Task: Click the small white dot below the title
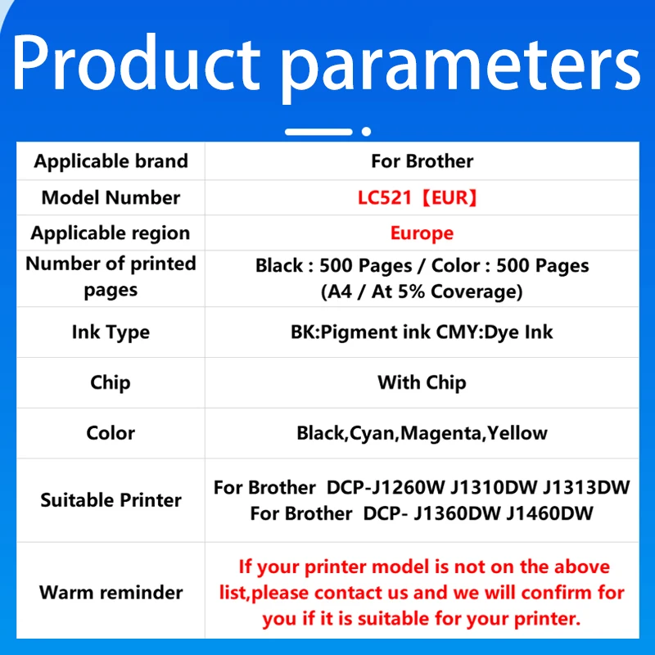(x=367, y=131)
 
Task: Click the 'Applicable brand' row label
(x=111, y=161)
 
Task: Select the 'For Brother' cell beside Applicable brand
(x=422, y=161)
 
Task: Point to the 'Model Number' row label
(x=111, y=197)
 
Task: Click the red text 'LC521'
(x=393, y=197)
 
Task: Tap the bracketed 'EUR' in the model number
(x=453, y=197)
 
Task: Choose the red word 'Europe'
(x=422, y=233)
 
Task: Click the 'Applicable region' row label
(x=111, y=233)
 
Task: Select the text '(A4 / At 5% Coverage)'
(x=422, y=291)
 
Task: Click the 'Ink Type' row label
(x=111, y=332)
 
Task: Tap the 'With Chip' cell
(x=422, y=382)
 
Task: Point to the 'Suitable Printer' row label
(x=111, y=500)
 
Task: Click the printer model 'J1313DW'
(x=587, y=488)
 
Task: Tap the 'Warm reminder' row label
(x=111, y=592)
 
